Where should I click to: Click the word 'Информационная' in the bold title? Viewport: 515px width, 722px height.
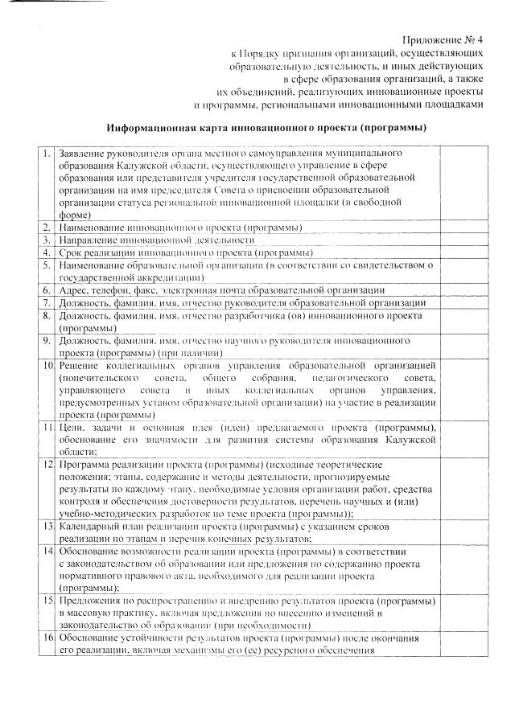pos(150,128)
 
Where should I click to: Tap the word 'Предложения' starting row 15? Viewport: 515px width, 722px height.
pos(91,601)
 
